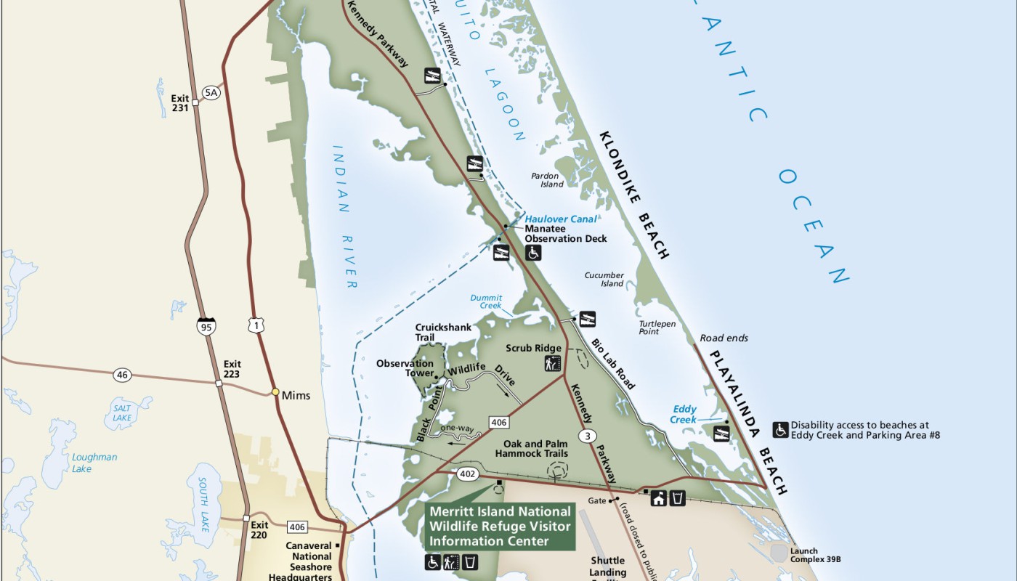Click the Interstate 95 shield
(206, 327)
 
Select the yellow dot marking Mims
(275, 392)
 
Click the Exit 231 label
(179, 102)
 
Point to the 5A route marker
(211, 92)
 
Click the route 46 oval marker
(122, 375)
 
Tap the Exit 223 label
(232, 369)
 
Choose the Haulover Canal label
(561, 219)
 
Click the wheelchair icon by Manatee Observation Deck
(534, 253)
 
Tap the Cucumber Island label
(604, 279)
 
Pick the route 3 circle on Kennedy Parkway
(587, 436)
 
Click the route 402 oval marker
(467, 474)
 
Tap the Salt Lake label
(122, 413)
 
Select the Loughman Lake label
(94, 463)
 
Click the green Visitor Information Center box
(500, 526)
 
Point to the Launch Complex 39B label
(815, 555)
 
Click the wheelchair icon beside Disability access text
(780, 430)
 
